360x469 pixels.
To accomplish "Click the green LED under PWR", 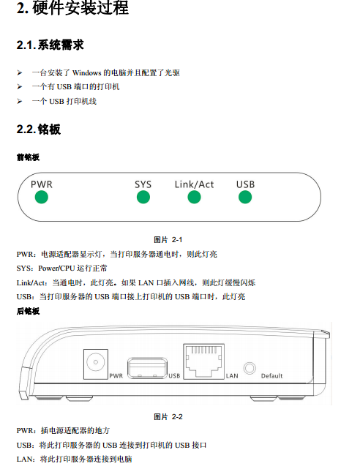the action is pos(42,198).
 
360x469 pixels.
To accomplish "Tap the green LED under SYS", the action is pos(143,198).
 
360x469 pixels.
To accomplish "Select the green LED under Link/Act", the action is pos(194,198).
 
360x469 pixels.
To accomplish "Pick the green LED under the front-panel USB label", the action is pos(245,198).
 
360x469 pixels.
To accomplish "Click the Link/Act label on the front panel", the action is pos(195,184).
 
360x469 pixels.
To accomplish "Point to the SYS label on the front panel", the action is pos(143,184).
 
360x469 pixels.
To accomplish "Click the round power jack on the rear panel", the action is pos(96,362).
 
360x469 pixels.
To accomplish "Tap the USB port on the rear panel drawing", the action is pos(147,368).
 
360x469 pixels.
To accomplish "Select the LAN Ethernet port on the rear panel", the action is pos(203,361).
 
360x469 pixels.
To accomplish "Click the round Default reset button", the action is pos(250,368).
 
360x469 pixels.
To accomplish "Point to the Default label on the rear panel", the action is pos(271,376).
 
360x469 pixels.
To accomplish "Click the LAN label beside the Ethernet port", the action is pos(232,376).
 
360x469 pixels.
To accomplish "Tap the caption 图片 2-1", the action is pos(168,239).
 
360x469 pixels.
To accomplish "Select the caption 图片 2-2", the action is pos(168,416).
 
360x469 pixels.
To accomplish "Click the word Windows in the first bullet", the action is pos(87,73).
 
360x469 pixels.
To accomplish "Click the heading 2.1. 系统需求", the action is pos(50,45).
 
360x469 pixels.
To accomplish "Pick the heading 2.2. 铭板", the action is pos(39,130).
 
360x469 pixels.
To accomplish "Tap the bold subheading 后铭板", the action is pos(28,311).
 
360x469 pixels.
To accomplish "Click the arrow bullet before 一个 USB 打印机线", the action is pos(20,102).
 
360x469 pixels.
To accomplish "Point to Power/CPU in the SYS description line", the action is pos(56,269).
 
